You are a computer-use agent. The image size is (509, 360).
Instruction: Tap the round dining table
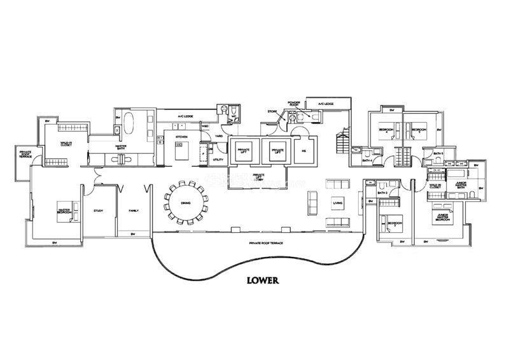(x=186, y=202)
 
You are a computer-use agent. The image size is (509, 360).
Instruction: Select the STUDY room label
(x=98, y=211)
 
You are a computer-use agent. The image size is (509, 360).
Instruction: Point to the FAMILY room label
(x=134, y=211)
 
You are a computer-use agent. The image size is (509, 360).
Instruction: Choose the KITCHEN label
(x=181, y=137)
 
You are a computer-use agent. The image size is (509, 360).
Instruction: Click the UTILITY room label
(x=218, y=160)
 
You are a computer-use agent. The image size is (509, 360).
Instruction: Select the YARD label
(x=218, y=136)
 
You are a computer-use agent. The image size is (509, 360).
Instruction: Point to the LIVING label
(x=337, y=204)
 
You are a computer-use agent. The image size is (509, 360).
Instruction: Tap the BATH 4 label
(x=366, y=161)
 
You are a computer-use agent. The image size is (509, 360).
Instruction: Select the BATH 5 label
(x=437, y=154)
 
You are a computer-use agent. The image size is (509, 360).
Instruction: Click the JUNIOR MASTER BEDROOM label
(x=445, y=217)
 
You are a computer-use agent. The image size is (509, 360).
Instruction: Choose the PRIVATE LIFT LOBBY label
(x=258, y=176)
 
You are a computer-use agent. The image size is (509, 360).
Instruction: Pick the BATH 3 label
(x=382, y=193)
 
